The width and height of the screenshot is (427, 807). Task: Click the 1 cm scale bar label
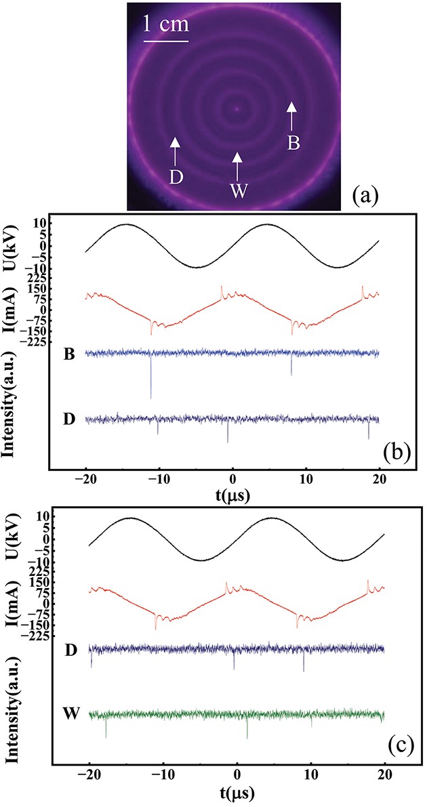point(165,26)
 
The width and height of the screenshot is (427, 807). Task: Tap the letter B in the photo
point(292,143)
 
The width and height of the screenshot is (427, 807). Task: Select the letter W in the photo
point(237,192)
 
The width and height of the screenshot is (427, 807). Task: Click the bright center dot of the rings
point(236,108)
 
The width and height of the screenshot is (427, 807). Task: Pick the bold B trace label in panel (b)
point(68,353)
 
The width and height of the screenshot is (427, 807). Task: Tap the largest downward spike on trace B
point(150,397)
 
